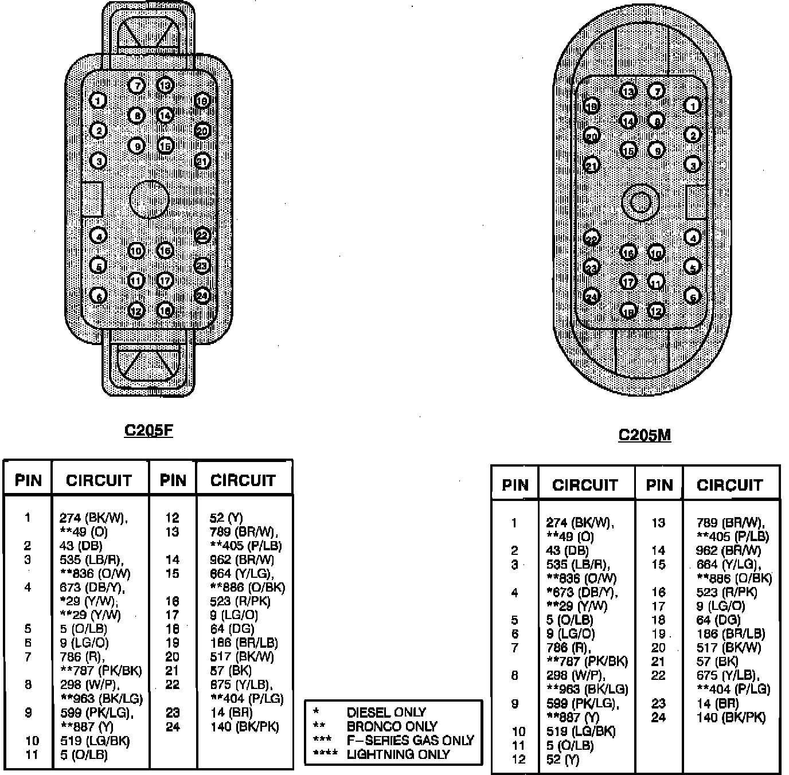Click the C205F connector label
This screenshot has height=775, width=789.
coord(148,430)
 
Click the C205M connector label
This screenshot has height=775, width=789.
coord(645,435)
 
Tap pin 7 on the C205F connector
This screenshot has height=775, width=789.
coord(136,86)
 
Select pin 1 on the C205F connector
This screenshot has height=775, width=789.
coord(99,101)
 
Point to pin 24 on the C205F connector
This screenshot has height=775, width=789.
coord(202,296)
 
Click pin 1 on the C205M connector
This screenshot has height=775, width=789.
coord(693,105)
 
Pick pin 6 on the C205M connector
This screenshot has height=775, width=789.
coord(693,297)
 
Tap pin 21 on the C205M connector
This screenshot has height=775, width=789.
coord(591,166)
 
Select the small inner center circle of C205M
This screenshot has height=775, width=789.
coord(640,202)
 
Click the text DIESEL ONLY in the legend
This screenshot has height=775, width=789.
coord(386,713)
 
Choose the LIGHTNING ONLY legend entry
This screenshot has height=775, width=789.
coord(398,754)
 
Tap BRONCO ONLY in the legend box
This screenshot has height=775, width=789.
coord(392,726)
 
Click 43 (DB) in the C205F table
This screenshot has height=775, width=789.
coord(81,546)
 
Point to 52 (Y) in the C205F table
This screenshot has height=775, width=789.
coord(226,518)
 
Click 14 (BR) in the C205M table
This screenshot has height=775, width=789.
coord(717,703)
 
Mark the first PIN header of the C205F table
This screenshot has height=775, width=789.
coord(28,480)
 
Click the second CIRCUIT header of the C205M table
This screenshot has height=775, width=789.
coord(729,485)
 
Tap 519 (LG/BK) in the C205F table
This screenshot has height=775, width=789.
coord(95,741)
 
